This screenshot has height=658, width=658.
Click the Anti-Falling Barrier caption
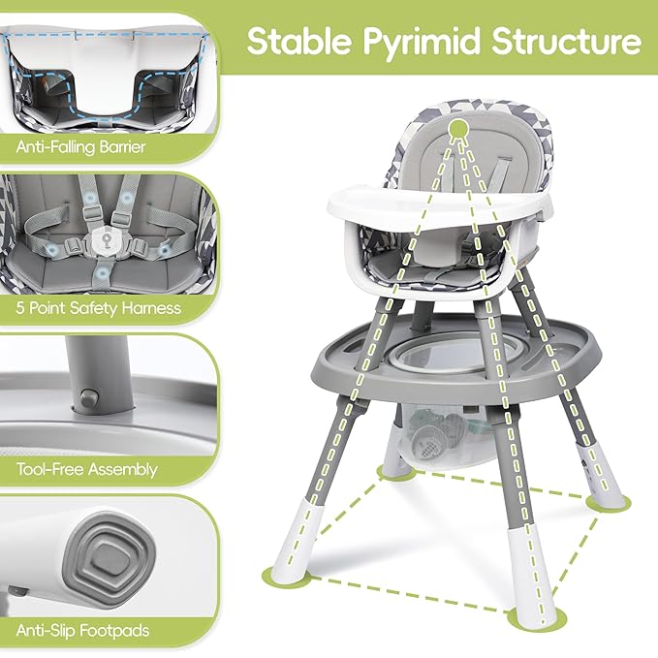coord(81,147)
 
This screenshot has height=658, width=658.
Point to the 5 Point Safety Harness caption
coord(98,308)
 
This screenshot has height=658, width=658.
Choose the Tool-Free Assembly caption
coord(86,469)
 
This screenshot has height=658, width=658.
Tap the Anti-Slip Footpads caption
coord(83,630)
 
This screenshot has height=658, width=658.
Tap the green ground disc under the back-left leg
coord(394,473)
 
